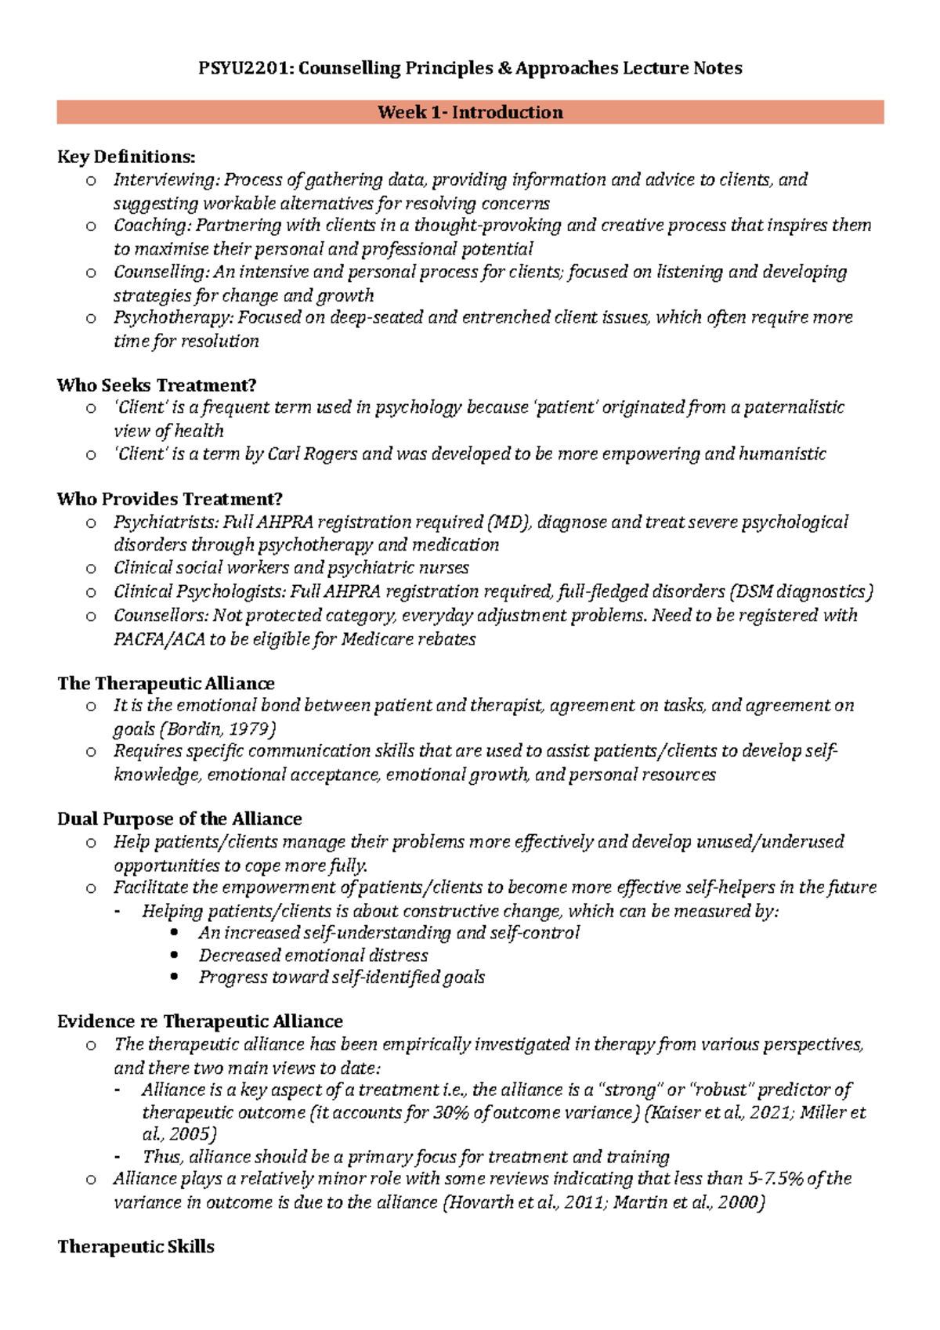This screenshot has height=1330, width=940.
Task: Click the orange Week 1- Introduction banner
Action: coord(470,112)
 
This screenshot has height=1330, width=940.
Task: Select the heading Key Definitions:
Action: coord(126,157)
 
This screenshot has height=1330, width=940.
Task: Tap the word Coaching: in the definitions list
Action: coord(152,226)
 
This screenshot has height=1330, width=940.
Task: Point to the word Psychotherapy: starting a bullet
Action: coord(173,317)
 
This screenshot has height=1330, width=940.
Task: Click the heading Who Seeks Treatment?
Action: coord(157,385)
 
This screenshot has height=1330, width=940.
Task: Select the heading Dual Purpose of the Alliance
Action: coord(179,819)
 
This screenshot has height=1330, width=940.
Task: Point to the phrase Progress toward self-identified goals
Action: coord(342,978)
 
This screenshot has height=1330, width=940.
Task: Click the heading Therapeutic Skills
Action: coord(136,1247)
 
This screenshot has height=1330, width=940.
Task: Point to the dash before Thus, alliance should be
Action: coord(118,1158)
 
